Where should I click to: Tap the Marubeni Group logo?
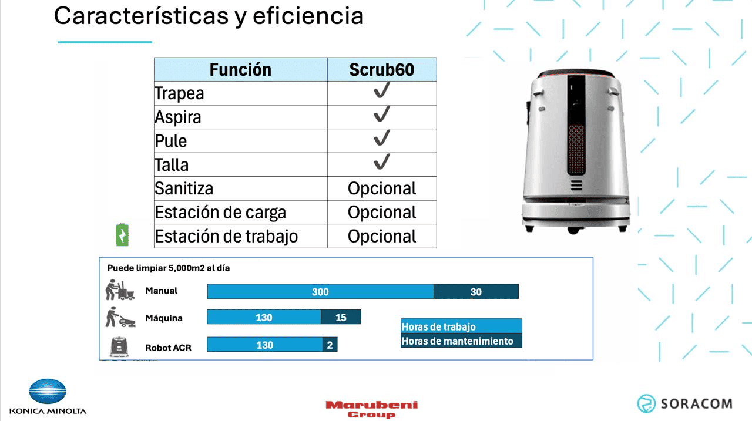pyautogui.click(x=371, y=409)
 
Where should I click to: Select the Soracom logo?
pyautogui.click(x=684, y=403)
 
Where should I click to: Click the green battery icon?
pyautogui.click(x=122, y=235)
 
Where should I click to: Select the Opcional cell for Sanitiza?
pyautogui.click(x=382, y=188)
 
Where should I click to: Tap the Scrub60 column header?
pyautogui.click(x=382, y=69)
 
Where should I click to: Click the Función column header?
pyautogui.click(x=240, y=69)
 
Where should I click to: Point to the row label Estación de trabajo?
pyautogui.click(x=226, y=236)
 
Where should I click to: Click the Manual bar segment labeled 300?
pyautogui.click(x=320, y=292)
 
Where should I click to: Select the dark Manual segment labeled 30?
pyautogui.click(x=476, y=292)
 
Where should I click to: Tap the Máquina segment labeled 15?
pyautogui.click(x=341, y=318)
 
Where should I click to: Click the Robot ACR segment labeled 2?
pyautogui.click(x=330, y=345)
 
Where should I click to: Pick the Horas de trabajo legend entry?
pyautogui.click(x=461, y=326)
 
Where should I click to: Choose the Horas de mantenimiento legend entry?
pyautogui.click(x=461, y=341)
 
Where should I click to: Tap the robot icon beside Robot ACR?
pyautogui.click(x=120, y=346)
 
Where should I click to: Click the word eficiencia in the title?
pyautogui.click(x=308, y=16)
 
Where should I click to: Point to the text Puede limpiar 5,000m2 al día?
pyautogui.click(x=169, y=268)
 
